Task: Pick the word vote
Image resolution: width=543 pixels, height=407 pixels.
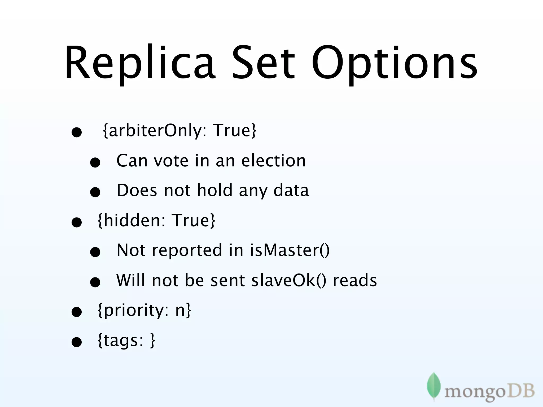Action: [171, 161]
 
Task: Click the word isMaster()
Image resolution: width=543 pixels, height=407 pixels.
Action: [290, 250]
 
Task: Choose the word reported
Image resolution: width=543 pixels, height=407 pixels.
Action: [187, 251]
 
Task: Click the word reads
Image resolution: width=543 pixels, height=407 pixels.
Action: [355, 280]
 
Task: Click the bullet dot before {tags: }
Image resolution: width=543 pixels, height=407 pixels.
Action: [77, 342]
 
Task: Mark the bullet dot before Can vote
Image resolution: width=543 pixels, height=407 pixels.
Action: [95, 163]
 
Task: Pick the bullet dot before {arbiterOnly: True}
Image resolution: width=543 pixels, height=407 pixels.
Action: [77, 132]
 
